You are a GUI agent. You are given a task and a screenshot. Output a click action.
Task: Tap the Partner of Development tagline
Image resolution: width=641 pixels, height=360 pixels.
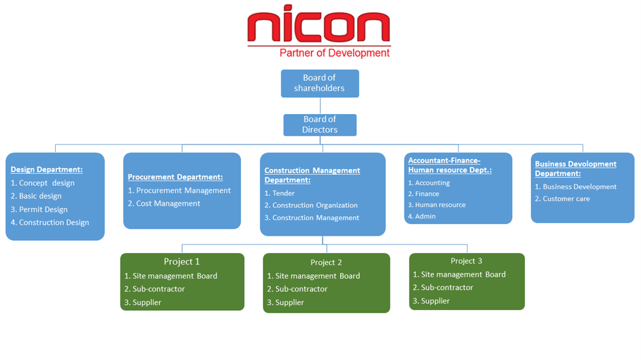pos(335,53)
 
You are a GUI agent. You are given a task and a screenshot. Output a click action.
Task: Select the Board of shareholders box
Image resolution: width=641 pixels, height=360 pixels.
pos(319,83)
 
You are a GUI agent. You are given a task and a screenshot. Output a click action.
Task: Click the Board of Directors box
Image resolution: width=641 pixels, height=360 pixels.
pos(320,124)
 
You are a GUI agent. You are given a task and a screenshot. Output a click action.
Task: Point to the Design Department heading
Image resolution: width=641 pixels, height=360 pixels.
pos(47,170)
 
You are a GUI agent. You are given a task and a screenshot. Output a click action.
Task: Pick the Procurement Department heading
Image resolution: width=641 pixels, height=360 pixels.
pos(175,177)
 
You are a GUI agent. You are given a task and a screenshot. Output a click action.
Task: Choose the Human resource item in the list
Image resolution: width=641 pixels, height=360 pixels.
pos(440,205)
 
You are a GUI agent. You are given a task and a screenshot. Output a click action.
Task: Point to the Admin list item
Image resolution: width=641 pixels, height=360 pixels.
pos(425,217)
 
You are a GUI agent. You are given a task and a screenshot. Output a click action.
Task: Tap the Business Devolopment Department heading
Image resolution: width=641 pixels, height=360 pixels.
pos(576,168)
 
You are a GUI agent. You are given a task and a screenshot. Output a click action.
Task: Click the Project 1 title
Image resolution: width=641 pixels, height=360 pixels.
pos(182,261)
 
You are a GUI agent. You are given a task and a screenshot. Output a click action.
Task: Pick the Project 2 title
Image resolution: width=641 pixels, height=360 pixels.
pos(326,263)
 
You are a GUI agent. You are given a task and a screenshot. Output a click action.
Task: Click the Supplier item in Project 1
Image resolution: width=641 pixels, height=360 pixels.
pos(147,302)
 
